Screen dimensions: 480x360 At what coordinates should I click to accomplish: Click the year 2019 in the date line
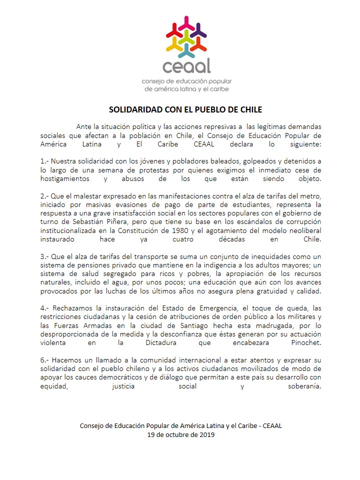point(205,434)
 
